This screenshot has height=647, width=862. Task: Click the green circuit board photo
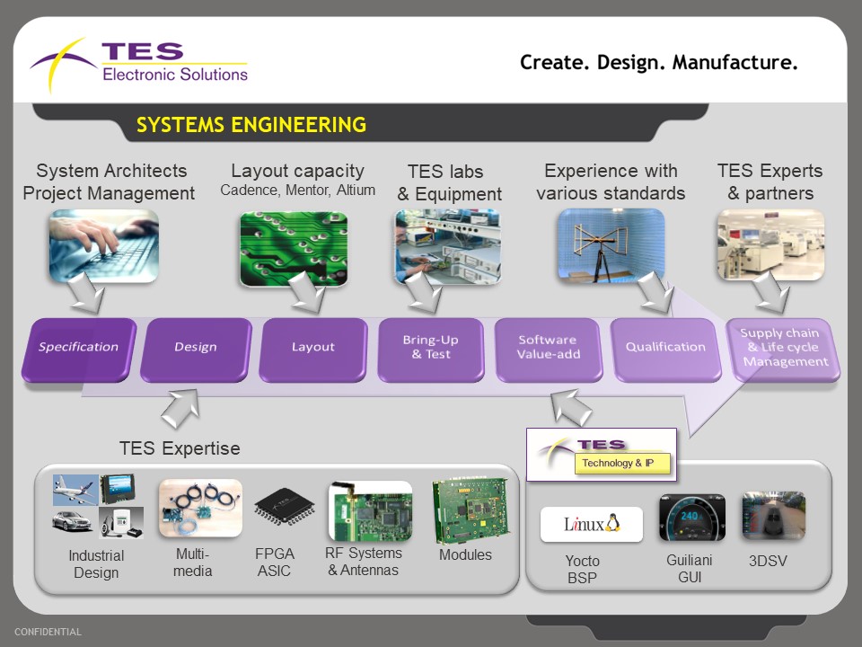(294, 249)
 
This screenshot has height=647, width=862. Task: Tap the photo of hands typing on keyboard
(103, 246)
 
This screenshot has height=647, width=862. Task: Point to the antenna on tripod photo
(611, 245)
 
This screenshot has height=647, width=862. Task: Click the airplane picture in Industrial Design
(75, 489)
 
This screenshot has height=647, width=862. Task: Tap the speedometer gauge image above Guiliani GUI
(691, 518)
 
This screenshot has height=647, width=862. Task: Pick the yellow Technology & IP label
(622, 464)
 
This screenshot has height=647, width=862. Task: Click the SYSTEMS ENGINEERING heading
(251, 125)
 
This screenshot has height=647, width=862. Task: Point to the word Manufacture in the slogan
(735, 63)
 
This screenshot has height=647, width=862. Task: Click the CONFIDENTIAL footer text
(48, 632)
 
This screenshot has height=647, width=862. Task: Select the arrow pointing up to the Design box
(181, 408)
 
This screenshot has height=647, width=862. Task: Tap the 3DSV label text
(768, 561)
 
